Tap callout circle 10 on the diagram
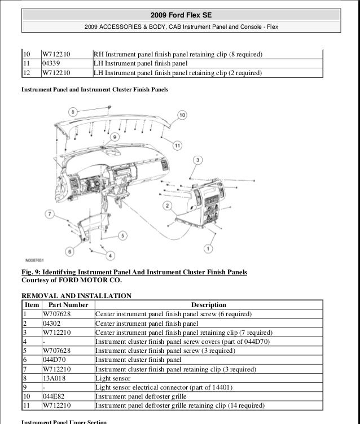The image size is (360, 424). (x=182, y=115)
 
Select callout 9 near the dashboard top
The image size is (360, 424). (x=114, y=137)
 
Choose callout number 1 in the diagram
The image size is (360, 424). (x=208, y=248)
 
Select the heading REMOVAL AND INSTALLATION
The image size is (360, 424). (x=76, y=295)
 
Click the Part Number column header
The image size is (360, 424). (x=65, y=305)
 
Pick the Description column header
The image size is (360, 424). (x=208, y=305)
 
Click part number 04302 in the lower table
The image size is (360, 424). (x=51, y=324)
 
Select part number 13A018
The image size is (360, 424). (x=54, y=378)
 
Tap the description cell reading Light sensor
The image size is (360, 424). (x=113, y=378)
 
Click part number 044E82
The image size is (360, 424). (x=54, y=396)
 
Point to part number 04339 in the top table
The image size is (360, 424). (x=51, y=63)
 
